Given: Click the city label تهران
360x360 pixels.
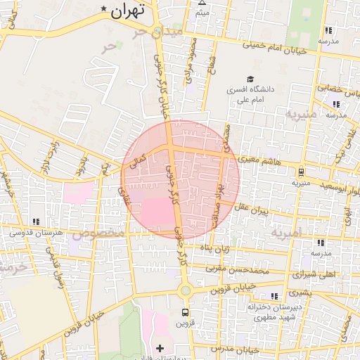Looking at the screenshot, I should point(127,10).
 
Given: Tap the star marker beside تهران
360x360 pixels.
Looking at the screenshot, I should point(105,9).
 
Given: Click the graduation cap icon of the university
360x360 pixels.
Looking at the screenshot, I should point(249,79).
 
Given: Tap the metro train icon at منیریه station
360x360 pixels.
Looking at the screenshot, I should point(301,171).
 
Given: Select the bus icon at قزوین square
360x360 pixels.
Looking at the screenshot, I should point(185,311).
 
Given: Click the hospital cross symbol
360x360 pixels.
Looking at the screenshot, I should point(160,348).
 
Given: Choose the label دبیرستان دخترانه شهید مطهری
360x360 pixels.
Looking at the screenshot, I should point(275,312).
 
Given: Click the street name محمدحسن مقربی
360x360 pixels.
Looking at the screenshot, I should point(243,269).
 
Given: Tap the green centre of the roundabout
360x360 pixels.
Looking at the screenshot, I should point(185,290).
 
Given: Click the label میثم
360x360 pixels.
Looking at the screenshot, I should point(202,13).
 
